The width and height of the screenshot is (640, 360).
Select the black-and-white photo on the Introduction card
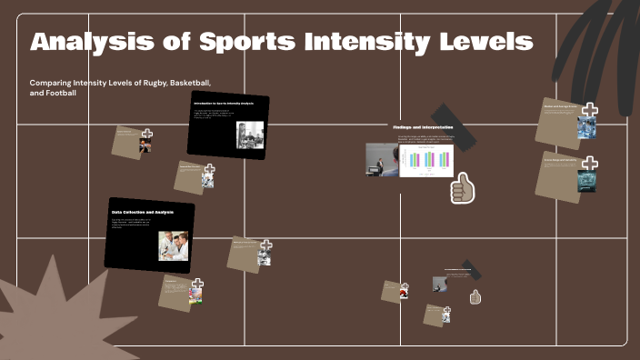tap(250, 135)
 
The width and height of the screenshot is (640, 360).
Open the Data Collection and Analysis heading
tap(142, 212)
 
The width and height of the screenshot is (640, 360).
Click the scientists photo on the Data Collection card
tap(174, 245)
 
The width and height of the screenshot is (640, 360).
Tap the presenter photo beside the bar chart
tap(381, 160)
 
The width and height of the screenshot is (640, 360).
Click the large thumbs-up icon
tap(463, 187)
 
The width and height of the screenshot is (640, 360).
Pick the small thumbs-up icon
tap(475, 297)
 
